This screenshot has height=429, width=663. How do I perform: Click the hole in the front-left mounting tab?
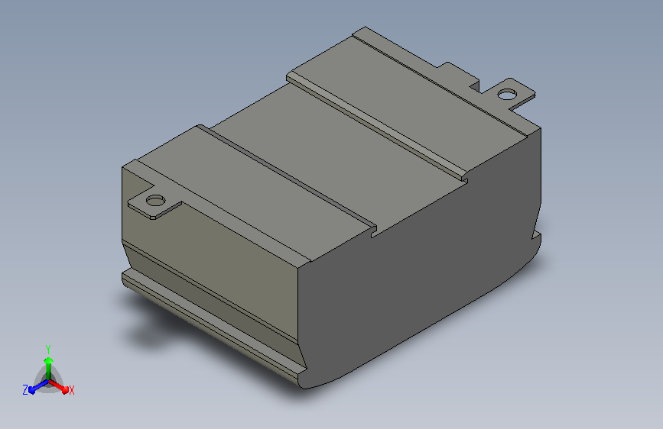pos(155,200)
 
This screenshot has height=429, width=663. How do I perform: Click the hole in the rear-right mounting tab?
pos(506,94)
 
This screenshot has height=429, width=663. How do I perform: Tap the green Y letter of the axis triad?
pos(48,349)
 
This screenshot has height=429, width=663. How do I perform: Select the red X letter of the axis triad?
pos(71,390)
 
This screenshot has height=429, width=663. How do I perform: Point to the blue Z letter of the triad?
pos(25,390)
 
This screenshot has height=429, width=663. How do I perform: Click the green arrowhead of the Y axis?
pos(48,360)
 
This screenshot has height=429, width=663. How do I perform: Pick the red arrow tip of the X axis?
pos(65,389)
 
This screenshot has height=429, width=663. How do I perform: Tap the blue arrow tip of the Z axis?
pos(32,390)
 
